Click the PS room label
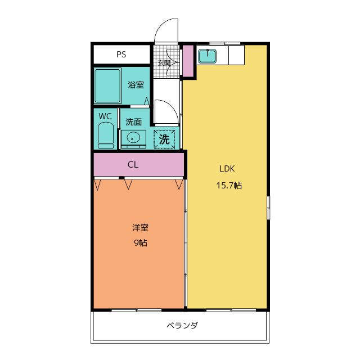coord(121,55)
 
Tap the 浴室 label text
coord(136,85)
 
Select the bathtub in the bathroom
coord(107,86)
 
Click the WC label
coord(105,116)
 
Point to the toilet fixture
coord(106,136)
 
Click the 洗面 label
coord(133,121)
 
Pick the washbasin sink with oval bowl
coord(133,137)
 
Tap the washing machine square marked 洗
coord(164,138)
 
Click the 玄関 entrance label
coord(164,62)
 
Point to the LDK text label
coord(227,168)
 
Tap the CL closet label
coord(133,165)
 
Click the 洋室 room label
coord(141,228)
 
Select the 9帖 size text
coord(141,244)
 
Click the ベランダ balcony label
coord(182,326)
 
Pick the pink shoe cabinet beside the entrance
coord(187,61)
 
